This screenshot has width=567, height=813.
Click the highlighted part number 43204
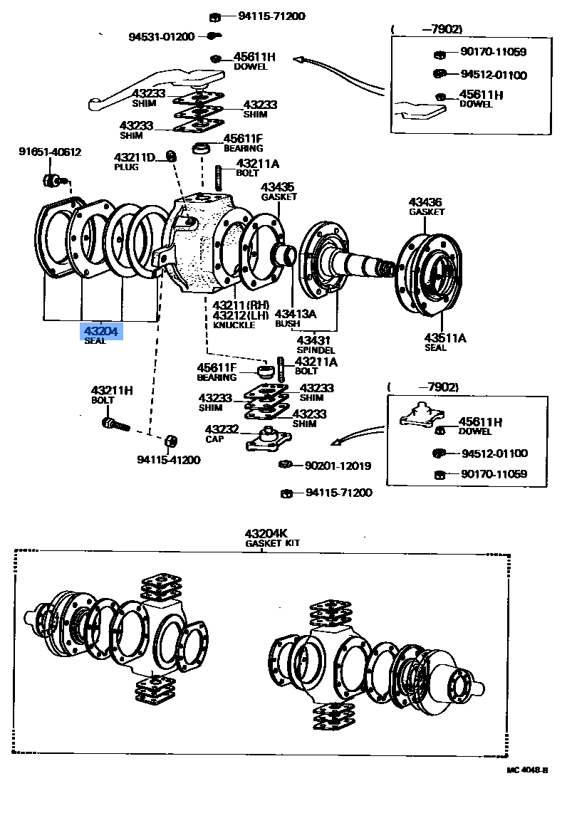100,331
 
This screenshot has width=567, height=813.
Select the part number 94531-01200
162,37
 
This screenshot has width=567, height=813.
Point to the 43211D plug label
135,157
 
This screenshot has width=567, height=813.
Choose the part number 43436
426,201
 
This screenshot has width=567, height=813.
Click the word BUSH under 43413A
288,324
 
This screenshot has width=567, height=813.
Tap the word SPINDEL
316,350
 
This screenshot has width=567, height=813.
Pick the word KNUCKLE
233,325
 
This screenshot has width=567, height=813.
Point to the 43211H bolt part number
112,390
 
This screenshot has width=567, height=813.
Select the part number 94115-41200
169,460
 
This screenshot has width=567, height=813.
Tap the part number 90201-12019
338,466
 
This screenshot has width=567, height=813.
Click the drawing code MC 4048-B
528,770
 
